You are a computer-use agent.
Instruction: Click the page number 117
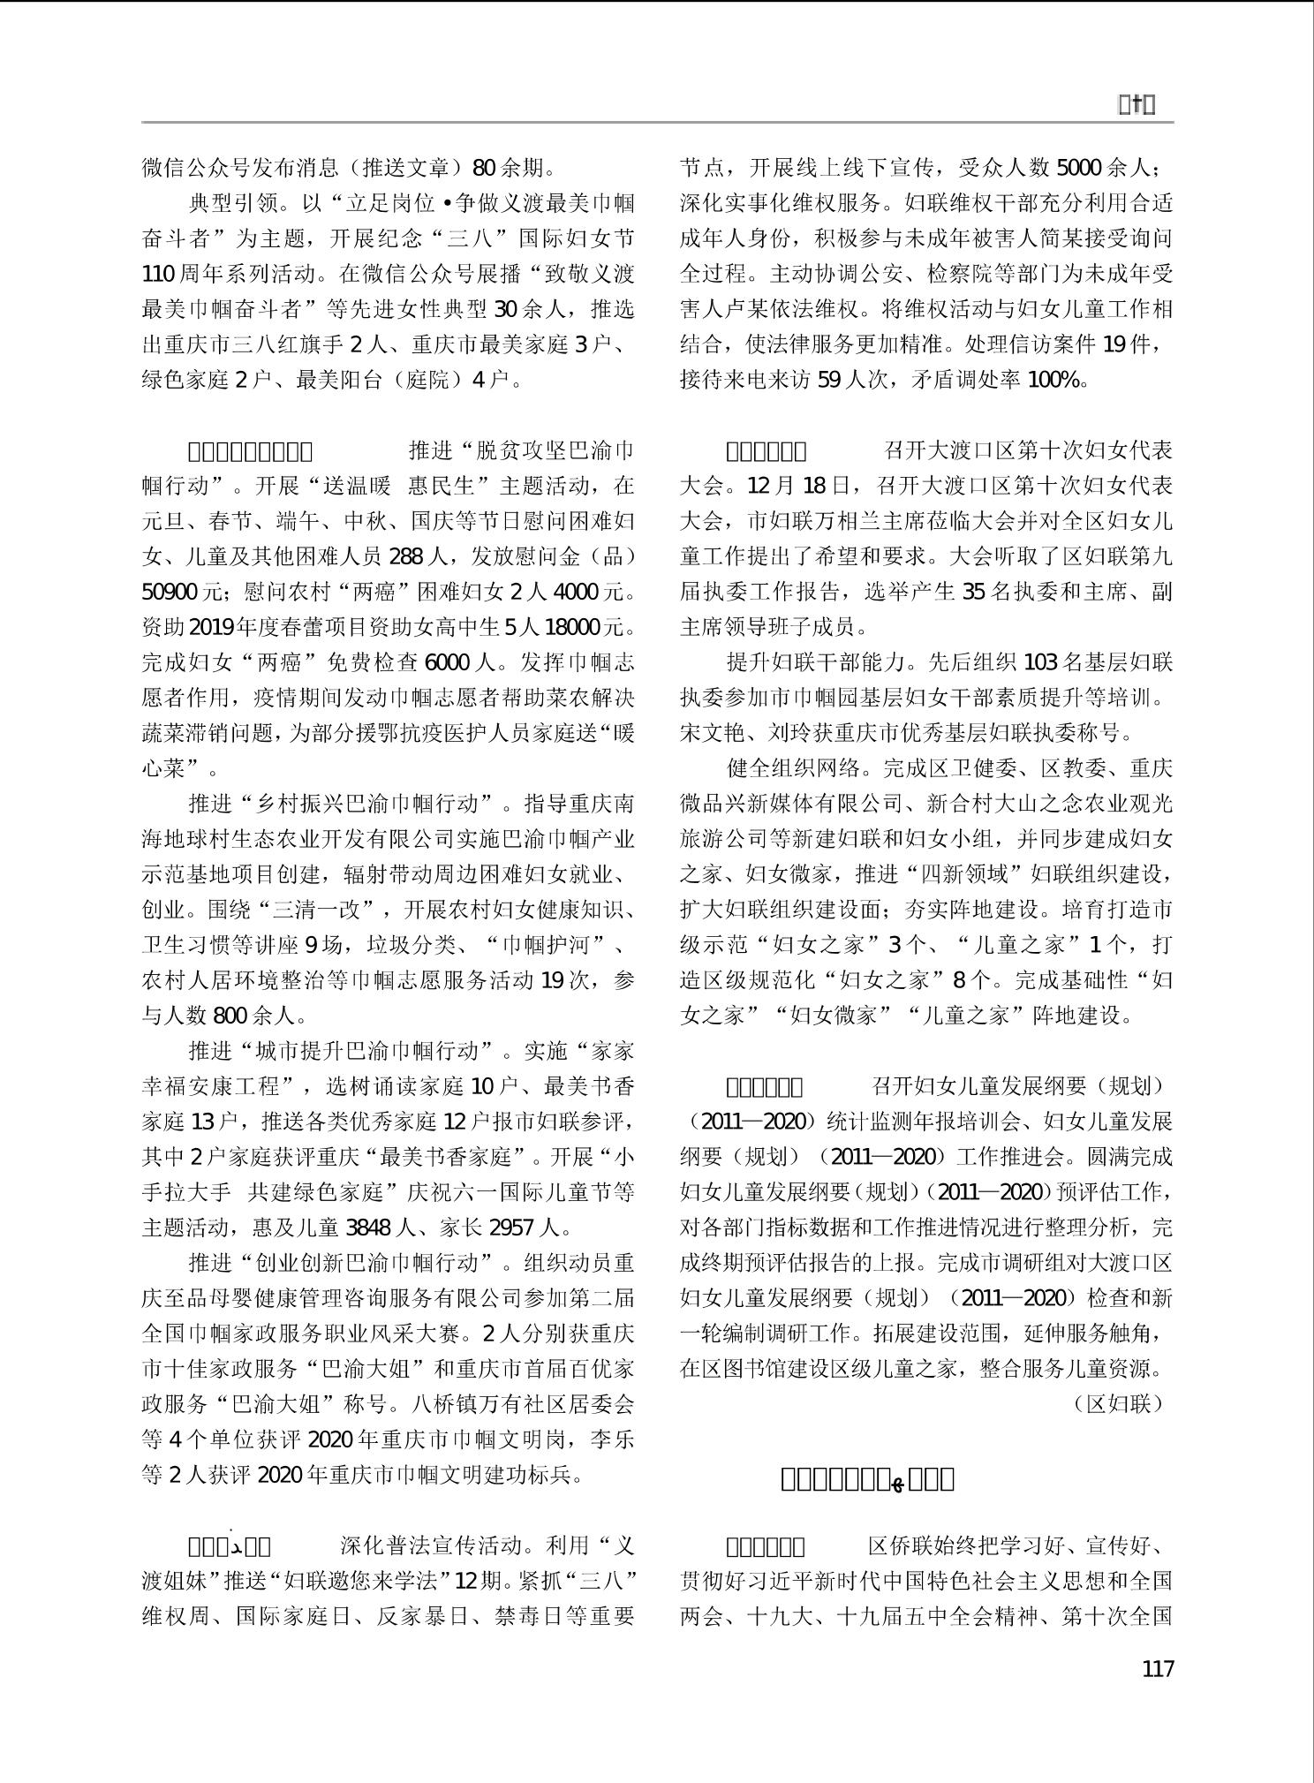point(1157,1668)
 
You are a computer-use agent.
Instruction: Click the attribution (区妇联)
point(1119,1403)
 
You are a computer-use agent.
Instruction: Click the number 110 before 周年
point(159,274)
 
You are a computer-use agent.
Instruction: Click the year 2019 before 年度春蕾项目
point(210,626)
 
